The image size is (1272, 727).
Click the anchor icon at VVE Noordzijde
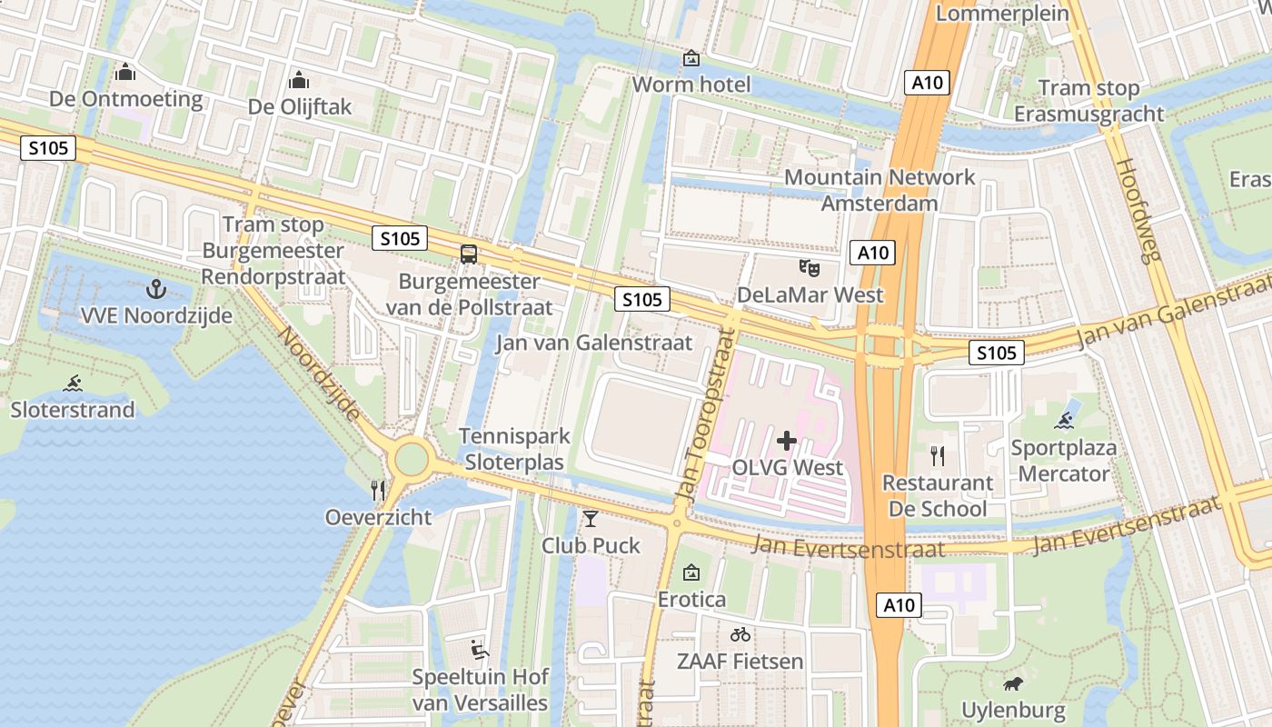[x=156, y=290]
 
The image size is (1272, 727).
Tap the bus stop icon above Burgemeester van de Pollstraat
[x=469, y=254]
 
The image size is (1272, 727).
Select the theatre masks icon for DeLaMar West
[x=809, y=268]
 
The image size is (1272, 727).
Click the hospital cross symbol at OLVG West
[x=787, y=442]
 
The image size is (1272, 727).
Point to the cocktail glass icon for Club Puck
[x=591, y=519]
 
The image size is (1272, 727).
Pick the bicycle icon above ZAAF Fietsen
[x=740, y=634]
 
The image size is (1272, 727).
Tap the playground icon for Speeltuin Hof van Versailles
[x=480, y=650]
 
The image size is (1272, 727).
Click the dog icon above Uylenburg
[x=1012, y=683]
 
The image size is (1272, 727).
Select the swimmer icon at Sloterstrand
[x=73, y=383]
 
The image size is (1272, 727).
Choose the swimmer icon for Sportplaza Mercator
[x=1065, y=421]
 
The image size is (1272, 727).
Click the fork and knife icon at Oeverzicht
[x=379, y=491]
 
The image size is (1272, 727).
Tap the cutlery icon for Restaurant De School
[x=938, y=455]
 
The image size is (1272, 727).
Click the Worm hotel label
[x=691, y=85]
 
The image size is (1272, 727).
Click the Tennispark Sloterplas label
[x=514, y=449]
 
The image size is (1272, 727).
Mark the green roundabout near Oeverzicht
[x=411, y=459]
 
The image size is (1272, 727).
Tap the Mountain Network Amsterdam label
[x=879, y=190]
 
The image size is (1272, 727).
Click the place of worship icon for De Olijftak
[x=299, y=80]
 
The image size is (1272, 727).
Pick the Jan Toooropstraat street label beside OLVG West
[x=704, y=413]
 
